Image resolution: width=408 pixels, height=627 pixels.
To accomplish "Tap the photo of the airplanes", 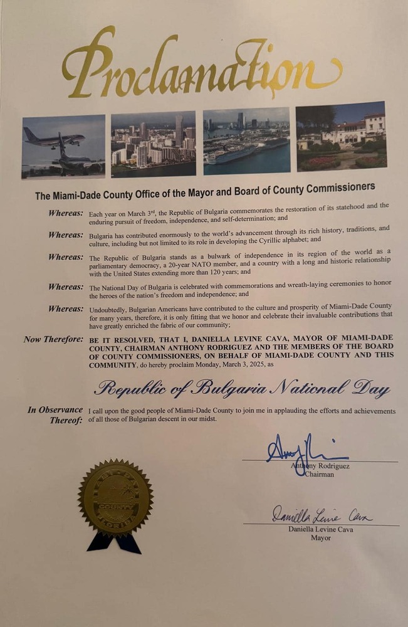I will tap(63, 146).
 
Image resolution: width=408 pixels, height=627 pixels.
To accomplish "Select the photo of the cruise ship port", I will tap(246, 141).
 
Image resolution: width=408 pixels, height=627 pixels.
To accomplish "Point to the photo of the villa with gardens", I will tap(340, 136).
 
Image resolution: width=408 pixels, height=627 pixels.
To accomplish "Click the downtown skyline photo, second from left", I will tap(153, 144).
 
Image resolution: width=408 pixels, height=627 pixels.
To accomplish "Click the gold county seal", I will tap(115, 497).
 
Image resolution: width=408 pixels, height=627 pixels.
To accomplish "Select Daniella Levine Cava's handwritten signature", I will tap(322, 516).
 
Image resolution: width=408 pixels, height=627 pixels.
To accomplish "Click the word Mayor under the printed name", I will tap(320, 538).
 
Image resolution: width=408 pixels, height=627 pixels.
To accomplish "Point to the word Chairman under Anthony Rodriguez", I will tap(319, 475).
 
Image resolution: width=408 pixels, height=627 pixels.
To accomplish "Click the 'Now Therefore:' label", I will tap(53, 339).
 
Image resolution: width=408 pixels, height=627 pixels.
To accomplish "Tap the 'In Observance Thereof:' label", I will tap(55, 415).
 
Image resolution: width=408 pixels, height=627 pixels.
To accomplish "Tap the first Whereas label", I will tap(66, 213).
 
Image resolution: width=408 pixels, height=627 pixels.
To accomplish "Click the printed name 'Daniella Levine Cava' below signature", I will tap(320, 529).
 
